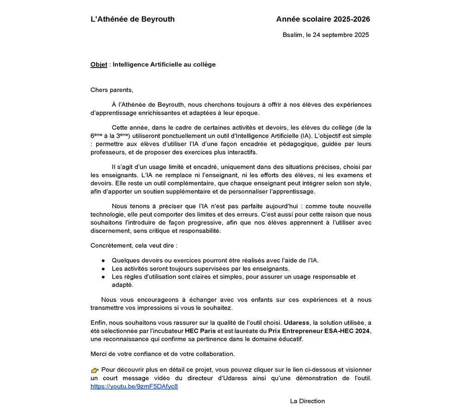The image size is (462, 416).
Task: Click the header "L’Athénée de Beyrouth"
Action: [x=133, y=19]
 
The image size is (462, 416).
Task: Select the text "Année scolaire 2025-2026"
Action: [x=323, y=19]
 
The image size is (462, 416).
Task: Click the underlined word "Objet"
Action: [x=99, y=65]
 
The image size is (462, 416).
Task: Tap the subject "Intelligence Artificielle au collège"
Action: [x=164, y=65]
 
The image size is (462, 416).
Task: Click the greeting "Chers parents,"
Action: [x=112, y=90]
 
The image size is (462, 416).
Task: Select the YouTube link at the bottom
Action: [x=134, y=386]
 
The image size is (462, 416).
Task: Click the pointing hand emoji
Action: [x=95, y=370]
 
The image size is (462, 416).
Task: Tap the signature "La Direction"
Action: [x=307, y=401]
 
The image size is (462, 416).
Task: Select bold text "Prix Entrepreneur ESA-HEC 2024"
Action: [x=319, y=331]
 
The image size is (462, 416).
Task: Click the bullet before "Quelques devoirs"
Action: [x=103, y=261]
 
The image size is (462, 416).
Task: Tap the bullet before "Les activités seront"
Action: [x=103, y=269]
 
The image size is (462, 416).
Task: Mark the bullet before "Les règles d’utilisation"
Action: [x=103, y=277]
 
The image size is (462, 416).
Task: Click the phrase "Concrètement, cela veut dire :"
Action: [x=134, y=245]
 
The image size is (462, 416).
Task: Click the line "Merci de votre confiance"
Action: [x=163, y=354]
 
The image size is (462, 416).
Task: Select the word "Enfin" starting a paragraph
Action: [x=98, y=323]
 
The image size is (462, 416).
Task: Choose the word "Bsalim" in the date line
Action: [x=292, y=35]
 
